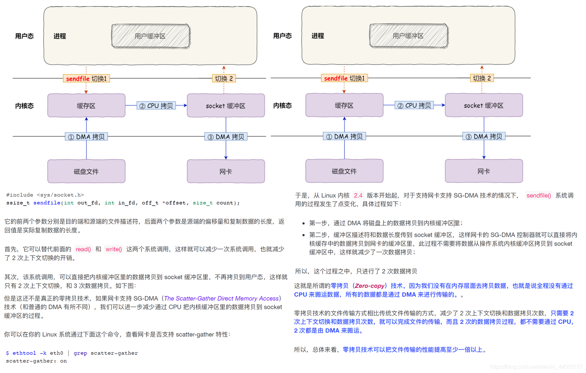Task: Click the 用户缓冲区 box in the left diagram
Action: click(x=150, y=36)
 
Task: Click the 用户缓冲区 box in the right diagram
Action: click(x=408, y=36)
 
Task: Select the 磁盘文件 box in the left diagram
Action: click(x=86, y=171)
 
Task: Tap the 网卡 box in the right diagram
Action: click(x=483, y=171)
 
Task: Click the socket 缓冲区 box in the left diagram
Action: click(x=226, y=106)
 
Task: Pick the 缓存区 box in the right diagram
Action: click(x=344, y=105)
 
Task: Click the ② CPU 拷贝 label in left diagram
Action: click(x=156, y=106)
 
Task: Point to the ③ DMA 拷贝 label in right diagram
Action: click(x=484, y=136)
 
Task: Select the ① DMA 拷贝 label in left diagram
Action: click(x=86, y=137)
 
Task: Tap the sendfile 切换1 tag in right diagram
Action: click(x=344, y=78)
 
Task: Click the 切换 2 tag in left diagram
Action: click(x=224, y=79)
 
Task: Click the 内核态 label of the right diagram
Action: click(x=282, y=106)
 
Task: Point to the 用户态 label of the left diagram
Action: click(x=24, y=36)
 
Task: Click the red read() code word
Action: click(x=83, y=249)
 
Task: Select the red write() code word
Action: click(x=114, y=249)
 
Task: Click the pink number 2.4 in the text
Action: click(x=358, y=195)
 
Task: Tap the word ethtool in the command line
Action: click(x=24, y=353)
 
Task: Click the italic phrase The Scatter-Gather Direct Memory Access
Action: click(x=221, y=298)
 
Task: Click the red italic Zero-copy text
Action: click(x=369, y=286)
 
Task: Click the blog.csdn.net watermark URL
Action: click(x=536, y=367)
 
